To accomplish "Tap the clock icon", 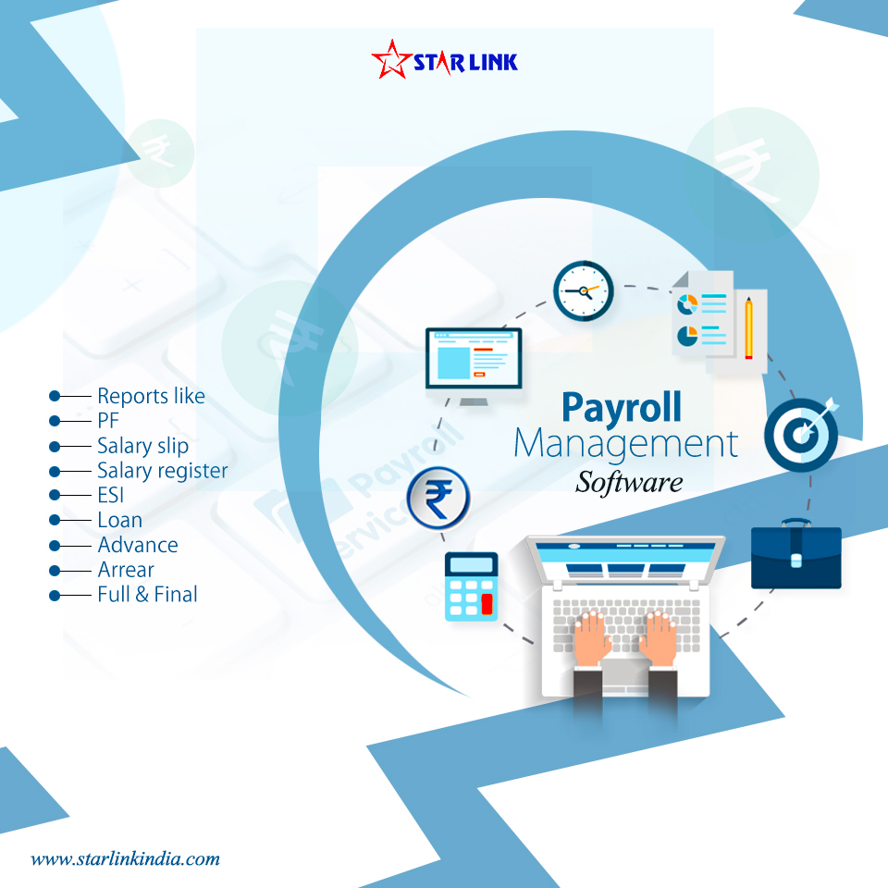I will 584,291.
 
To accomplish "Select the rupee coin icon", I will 439,499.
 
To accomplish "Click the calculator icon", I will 471,586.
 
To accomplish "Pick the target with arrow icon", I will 801,435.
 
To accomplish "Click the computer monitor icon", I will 474,364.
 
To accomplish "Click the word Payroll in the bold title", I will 622,407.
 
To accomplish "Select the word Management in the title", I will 626,444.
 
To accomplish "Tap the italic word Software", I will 629,482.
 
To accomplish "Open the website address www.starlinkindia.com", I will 126,858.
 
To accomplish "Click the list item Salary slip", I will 143,446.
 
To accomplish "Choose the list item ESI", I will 111,496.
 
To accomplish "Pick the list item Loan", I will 120,520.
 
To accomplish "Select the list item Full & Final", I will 148,595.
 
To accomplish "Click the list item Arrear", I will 126,570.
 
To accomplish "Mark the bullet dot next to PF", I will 55,421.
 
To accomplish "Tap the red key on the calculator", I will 487,604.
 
